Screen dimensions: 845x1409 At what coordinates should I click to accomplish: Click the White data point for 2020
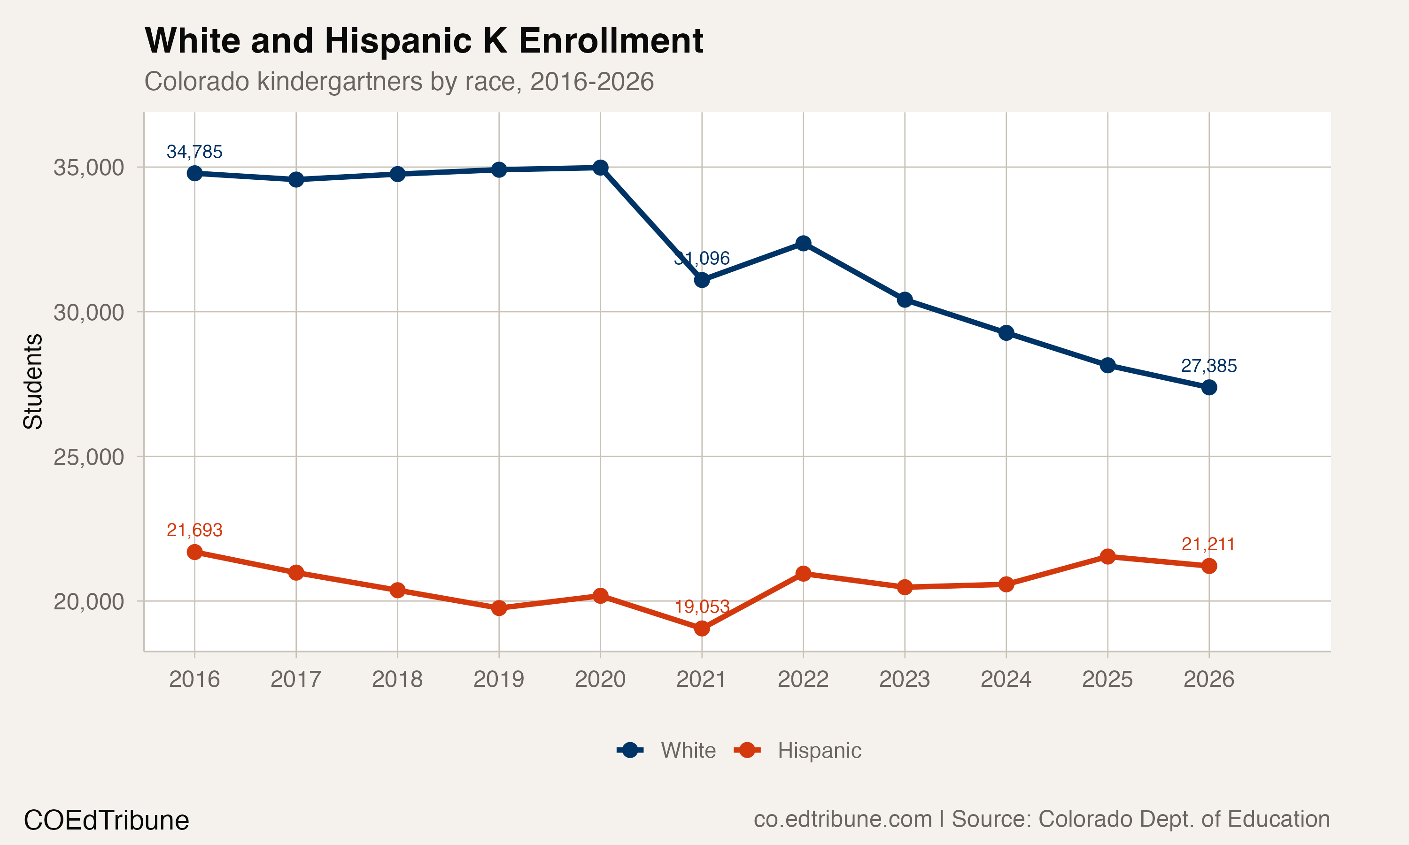[600, 168]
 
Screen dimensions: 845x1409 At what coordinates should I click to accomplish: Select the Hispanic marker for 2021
[702, 628]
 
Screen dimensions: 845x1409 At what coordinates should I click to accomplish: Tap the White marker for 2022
[803, 243]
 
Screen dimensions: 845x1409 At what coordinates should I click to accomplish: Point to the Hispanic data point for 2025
[1107, 556]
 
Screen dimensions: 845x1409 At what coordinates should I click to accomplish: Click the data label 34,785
[194, 152]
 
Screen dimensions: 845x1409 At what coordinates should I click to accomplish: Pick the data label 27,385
[1208, 366]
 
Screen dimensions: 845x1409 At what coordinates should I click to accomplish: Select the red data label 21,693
[194, 530]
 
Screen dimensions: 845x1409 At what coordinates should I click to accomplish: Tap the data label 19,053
[702, 607]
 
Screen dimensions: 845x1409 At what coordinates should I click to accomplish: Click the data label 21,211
[1208, 545]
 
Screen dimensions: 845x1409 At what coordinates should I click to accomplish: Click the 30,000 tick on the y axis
[88, 312]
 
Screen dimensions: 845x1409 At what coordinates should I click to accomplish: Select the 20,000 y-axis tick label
[88, 601]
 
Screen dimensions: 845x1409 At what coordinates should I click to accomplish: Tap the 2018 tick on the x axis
[397, 679]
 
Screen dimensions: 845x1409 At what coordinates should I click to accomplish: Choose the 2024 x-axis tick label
[1006, 679]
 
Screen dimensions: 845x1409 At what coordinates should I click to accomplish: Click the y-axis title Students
[32, 382]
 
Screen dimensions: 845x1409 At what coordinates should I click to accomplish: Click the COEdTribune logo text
[106, 821]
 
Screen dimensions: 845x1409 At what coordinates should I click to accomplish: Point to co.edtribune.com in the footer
[842, 819]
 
